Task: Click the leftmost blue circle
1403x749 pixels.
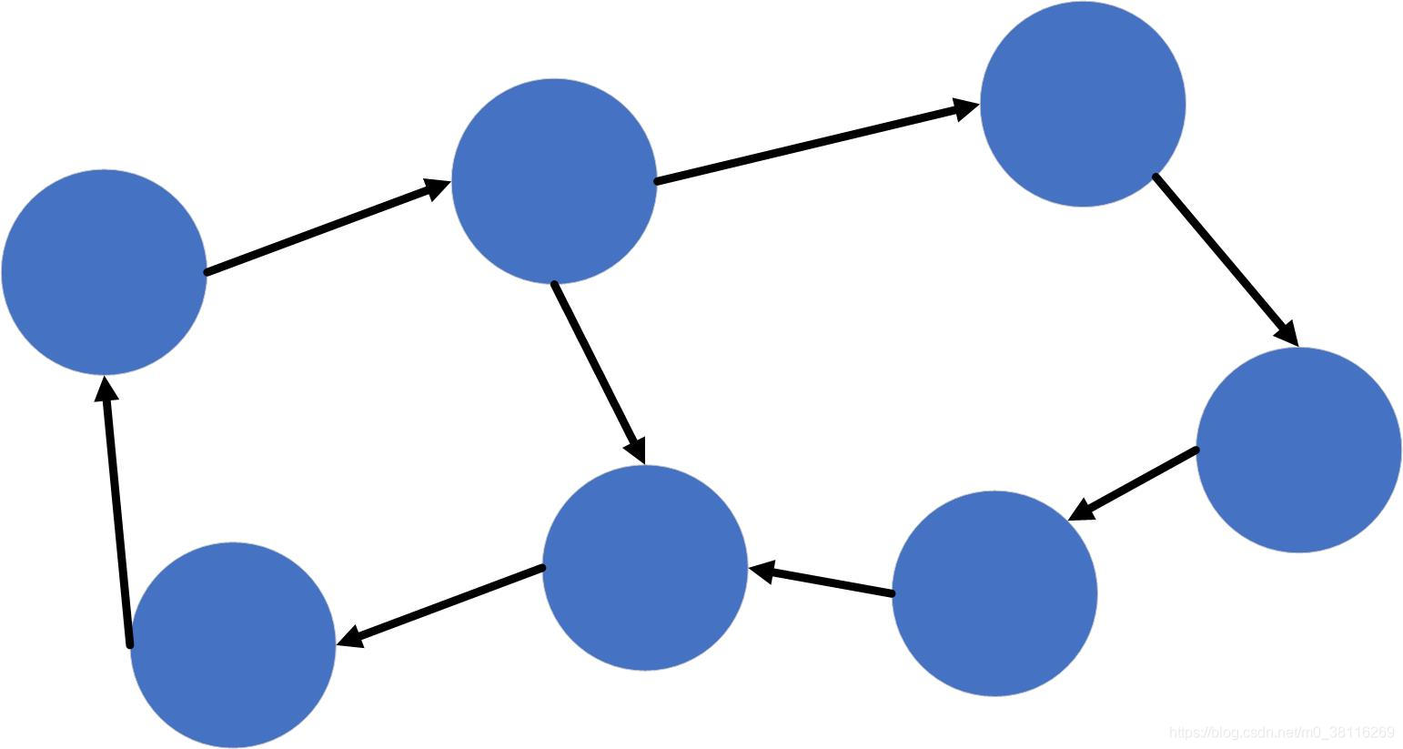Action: pos(104,271)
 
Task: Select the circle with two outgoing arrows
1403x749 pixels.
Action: pos(553,180)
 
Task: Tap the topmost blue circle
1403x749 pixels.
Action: pos(1082,104)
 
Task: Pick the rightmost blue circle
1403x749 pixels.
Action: pos(1298,450)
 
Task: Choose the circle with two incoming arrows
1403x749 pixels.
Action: pos(645,567)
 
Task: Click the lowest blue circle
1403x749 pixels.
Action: pos(233,644)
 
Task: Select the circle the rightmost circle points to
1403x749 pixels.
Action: pos(994,593)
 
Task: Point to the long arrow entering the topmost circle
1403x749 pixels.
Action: pos(810,144)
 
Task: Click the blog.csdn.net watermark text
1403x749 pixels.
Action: pos(1281,733)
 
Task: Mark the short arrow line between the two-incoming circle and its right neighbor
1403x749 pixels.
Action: pos(828,582)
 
